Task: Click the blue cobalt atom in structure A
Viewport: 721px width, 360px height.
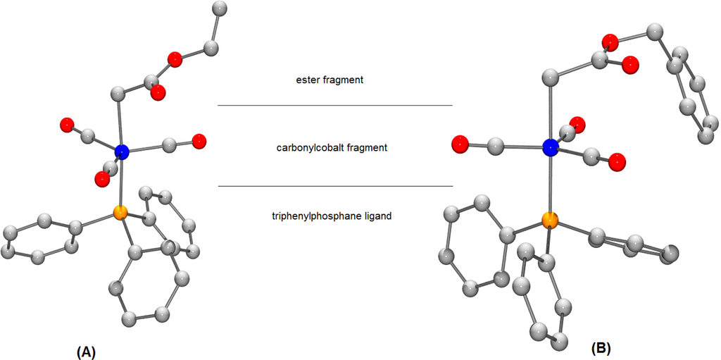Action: click(122, 151)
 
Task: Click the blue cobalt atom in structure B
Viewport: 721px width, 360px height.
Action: click(551, 147)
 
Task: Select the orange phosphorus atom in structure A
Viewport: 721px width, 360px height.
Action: click(120, 211)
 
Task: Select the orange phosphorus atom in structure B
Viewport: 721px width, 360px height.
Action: click(550, 223)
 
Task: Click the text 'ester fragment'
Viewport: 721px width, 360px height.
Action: click(330, 80)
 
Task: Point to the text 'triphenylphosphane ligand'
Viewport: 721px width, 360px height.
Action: click(330, 216)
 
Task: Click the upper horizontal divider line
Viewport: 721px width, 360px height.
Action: click(334, 106)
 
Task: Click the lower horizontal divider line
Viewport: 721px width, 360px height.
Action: click(334, 187)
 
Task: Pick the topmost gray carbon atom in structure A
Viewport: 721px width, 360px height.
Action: click(219, 8)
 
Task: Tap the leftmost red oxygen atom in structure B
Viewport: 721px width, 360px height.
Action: click(460, 144)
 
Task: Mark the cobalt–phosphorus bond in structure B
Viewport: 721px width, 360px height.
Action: click(550, 185)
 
